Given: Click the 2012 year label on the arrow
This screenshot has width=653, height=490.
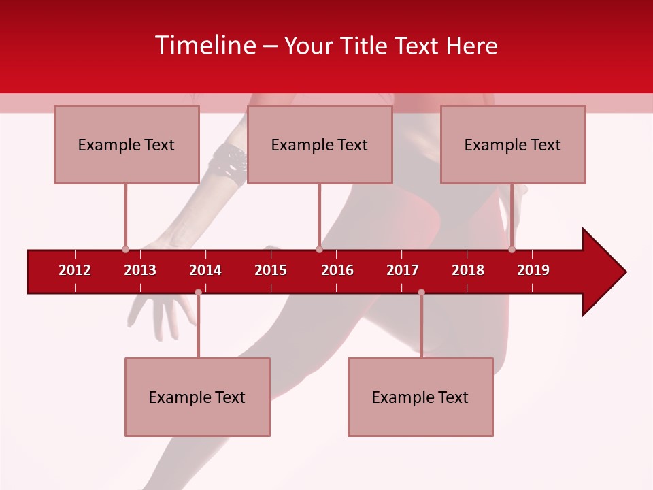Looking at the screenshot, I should point(75,270).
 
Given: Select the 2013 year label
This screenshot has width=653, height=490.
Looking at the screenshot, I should point(140,270).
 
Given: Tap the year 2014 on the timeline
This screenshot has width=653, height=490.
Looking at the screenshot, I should point(205,270).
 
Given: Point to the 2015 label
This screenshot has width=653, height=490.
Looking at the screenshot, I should point(271,270).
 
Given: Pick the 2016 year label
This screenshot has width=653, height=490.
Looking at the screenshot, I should point(337,270).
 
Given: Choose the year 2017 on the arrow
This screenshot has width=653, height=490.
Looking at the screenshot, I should point(403,270).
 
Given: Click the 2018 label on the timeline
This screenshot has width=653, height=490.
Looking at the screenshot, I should point(468,270).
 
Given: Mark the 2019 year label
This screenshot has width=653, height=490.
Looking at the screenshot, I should point(533,270).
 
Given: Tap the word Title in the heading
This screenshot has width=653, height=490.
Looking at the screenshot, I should point(362,46).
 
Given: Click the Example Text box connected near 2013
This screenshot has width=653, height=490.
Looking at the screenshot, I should point(127,144).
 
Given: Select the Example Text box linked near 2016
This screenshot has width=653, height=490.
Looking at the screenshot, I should point(320,144).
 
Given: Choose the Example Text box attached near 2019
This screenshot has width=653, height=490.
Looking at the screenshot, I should point(513,144).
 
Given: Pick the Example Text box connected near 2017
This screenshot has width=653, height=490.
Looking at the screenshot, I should point(420,397).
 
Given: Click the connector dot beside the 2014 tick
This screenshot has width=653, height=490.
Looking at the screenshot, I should point(198,292).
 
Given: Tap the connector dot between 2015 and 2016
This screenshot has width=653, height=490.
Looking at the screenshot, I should point(319,249).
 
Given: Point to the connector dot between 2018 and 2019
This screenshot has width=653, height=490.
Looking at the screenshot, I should point(512,249).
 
